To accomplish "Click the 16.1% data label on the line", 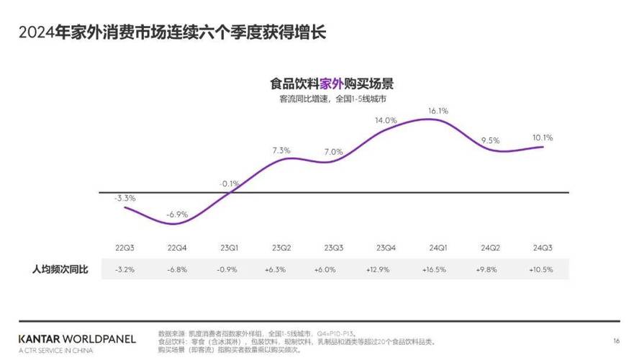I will pyautogui.click(x=438, y=111).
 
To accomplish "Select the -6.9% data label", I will pyautogui.click(x=177, y=215).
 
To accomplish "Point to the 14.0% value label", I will pyautogui.click(x=386, y=120).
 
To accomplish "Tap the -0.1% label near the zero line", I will pyautogui.click(x=229, y=184).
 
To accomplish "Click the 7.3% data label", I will pyautogui.click(x=281, y=150).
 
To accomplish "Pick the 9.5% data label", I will pyautogui.click(x=490, y=140).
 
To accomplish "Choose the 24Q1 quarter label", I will pyautogui.click(x=438, y=248).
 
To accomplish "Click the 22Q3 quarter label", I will pyautogui.click(x=125, y=248).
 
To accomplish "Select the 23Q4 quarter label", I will pyautogui.click(x=386, y=248).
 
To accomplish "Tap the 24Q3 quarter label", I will pyautogui.click(x=543, y=248).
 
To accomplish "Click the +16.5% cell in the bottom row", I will pyautogui.click(x=438, y=269).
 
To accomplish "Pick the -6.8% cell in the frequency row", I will pyautogui.click(x=177, y=269).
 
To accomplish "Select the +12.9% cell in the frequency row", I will pyautogui.click(x=386, y=269).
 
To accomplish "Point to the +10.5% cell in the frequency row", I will pyautogui.click(x=543, y=269).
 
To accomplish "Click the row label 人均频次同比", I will pyautogui.click(x=60, y=269).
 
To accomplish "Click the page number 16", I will pyautogui.click(x=616, y=341).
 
